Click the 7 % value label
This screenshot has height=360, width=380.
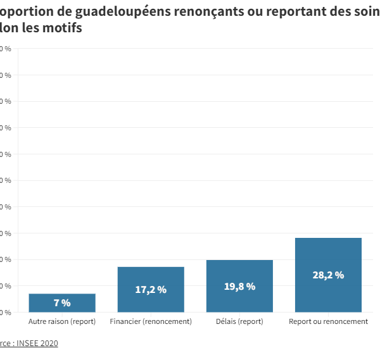tap(62, 303)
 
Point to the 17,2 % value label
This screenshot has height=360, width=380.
tap(151, 290)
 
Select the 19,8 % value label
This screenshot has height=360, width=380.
tap(239, 287)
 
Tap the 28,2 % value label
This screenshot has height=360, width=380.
tap(328, 275)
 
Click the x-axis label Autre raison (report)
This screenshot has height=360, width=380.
tap(62, 321)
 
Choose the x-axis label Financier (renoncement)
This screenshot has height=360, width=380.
tap(151, 321)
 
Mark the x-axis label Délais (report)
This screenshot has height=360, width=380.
tap(239, 321)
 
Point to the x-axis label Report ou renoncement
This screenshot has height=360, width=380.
tap(328, 321)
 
